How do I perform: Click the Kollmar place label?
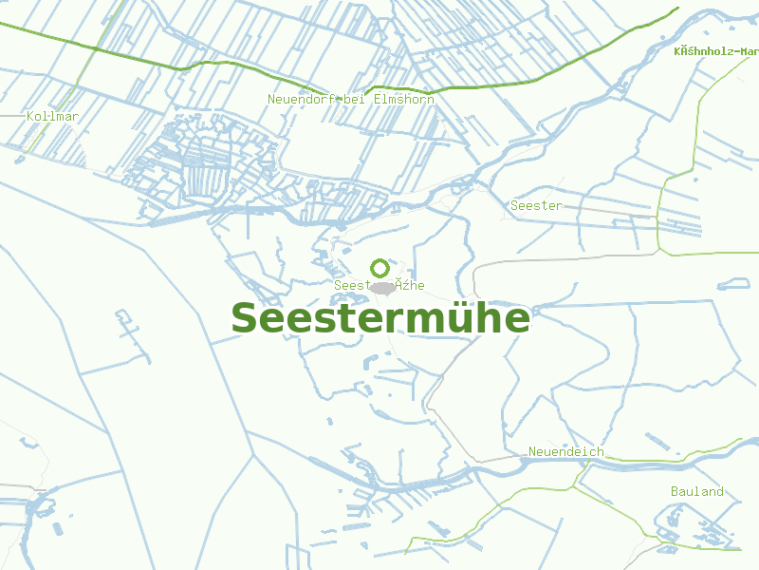pyautogui.click(x=53, y=116)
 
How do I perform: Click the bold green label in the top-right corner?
pyautogui.click(x=716, y=50)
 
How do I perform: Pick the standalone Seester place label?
pyautogui.click(x=536, y=205)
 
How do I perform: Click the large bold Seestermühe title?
pyautogui.click(x=380, y=318)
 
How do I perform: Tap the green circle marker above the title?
pyautogui.click(x=379, y=268)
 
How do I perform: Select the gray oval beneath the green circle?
pyautogui.click(x=381, y=287)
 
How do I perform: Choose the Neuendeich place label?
pyautogui.click(x=565, y=452)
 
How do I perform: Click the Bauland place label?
pyautogui.click(x=696, y=491)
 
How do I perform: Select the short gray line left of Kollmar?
pyautogui.click(x=11, y=115)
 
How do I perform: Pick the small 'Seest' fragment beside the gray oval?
pyautogui.click(x=350, y=285)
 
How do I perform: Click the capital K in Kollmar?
pyautogui.click(x=31, y=116)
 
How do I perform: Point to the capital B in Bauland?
pyautogui.click(x=675, y=491)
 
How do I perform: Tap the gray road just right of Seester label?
pyautogui.click(x=588, y=208)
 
